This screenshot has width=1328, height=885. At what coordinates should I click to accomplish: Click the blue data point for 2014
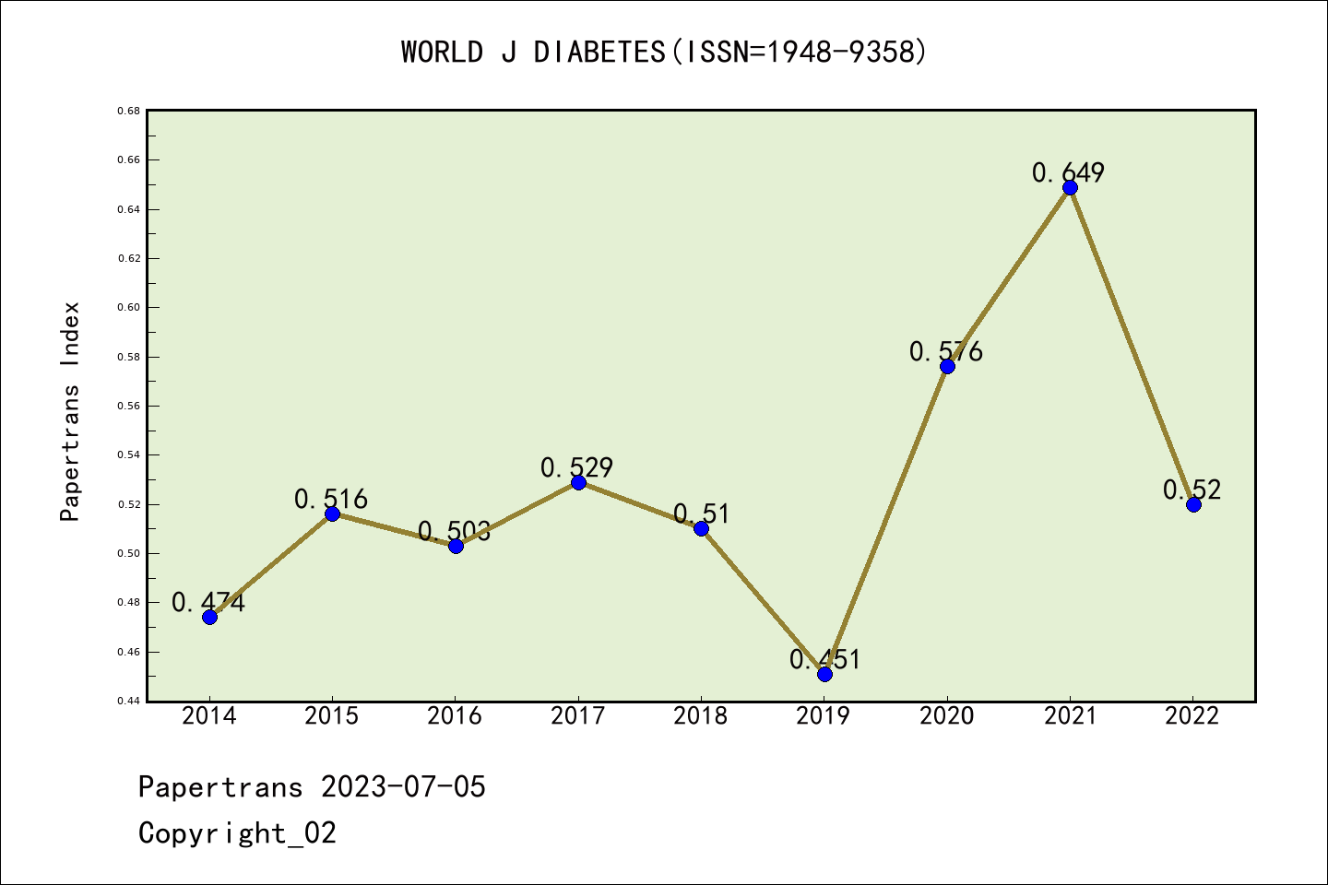point(209,617)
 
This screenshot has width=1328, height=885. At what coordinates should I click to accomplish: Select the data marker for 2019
point(824,674)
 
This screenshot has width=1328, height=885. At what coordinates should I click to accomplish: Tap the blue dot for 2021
point(1070,187)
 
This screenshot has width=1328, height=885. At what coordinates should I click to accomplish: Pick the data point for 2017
point(578,482)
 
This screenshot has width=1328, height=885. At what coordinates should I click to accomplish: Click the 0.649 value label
point(1068,172)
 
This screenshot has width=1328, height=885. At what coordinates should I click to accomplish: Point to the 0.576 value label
point(946,351)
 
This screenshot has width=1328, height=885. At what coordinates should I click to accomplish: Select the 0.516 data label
point(331,500)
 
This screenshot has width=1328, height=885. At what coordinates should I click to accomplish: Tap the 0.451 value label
point(824,659)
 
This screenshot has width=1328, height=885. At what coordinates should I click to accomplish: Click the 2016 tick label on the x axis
point(455,716)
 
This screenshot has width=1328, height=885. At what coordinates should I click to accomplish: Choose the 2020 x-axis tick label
point(946,716)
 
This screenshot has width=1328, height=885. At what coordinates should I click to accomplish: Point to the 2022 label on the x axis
point(1192,716)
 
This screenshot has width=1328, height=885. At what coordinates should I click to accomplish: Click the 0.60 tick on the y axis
point(128,308)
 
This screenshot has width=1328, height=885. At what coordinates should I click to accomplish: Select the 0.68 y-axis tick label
point(128,111)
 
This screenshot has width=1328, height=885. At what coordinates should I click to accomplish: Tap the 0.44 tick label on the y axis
point(128,702)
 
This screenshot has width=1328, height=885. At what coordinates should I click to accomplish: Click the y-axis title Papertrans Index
point(70,411)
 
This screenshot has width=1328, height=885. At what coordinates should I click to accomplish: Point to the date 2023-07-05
point(403,787)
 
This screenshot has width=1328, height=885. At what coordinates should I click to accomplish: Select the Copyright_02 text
point(237,833)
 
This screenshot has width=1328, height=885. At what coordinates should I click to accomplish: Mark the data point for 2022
point(1193,504)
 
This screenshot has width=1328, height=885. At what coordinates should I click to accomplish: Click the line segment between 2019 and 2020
point(885,520)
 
